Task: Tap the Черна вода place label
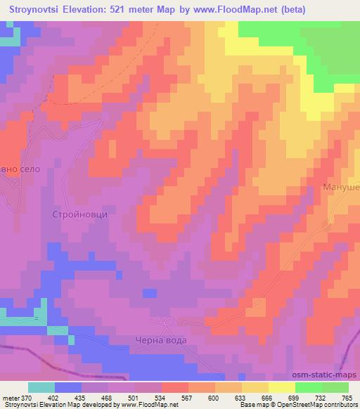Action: (x=161, y=340)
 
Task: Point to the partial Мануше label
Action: (x=341, y=188)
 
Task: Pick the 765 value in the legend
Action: (x=347, y=398)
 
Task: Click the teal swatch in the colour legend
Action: (x=41, y=388)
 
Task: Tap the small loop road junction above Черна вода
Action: (x=169, y=323)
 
